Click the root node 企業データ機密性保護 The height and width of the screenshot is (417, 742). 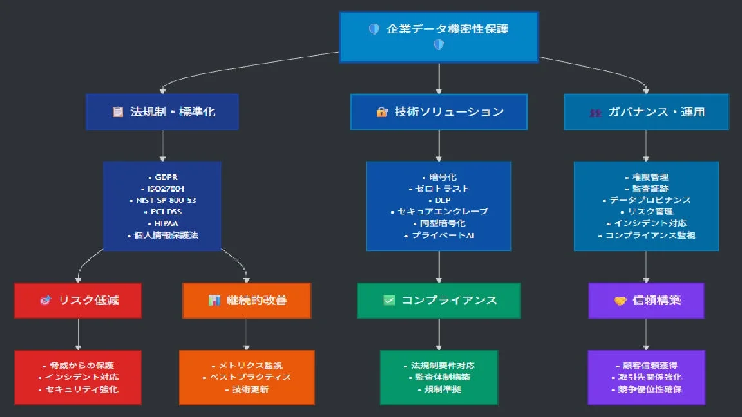pyautogui.click(x=439, y=37)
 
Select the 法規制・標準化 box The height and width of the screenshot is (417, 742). pyautogui.click(x=162, y=112)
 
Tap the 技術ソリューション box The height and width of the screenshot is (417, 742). pyautogui.click(x=439, y=112)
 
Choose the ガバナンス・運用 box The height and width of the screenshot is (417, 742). pyautogui.click(x=646, y=112)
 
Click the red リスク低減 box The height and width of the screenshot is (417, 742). pyautogui.click(x=78, y=301)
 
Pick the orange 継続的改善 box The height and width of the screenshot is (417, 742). pyautogui.click(x=247, y=301)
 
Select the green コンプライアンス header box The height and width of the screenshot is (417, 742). pyautogui.click(x=439, y=301)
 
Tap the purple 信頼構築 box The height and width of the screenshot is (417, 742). pyautogui.click(x=646, y=301)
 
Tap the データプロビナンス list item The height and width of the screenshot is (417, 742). pyautogui.click(x=647, y=200)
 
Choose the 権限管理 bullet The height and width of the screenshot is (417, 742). pyautogui.click(x=647, y=177)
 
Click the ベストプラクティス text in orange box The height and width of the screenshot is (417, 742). pyautogui.click(x=248, y=377)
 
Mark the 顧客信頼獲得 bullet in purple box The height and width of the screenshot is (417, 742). pyautogui.click(x=647, y=366)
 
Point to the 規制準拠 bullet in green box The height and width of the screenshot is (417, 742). pyautogui.click(x=440, y=389)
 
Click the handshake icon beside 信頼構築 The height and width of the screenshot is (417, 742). pyautogui.click(x=620, y=301)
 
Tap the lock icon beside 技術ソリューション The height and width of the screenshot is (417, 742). pyautogui.click(x=382, y=113)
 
